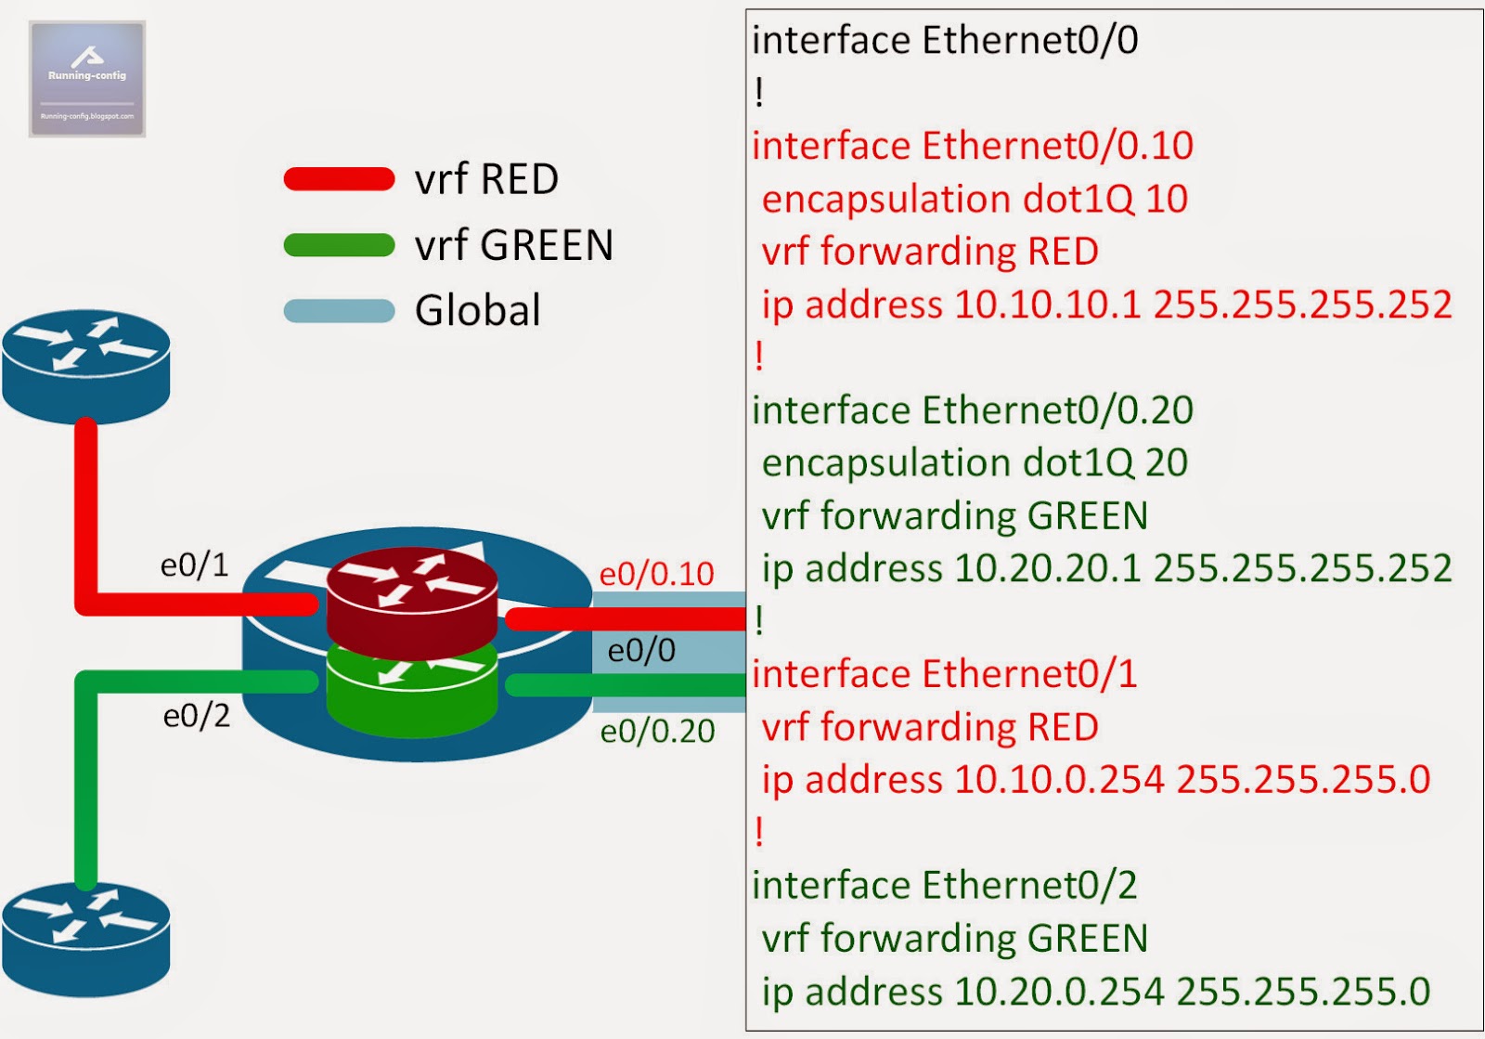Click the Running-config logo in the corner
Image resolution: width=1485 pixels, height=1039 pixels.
click(87, 79)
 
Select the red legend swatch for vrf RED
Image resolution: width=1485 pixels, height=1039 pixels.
click(340, 179)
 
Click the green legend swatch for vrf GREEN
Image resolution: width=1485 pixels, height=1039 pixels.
click(340, 245)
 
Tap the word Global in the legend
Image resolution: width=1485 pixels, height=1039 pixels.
click(477, 310)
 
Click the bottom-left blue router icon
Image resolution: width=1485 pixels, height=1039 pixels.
click(85, 940)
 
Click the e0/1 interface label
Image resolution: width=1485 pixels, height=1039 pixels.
click(194, 565)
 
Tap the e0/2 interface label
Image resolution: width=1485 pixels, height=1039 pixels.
click(196, 716)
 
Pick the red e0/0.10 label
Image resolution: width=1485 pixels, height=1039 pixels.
click(656, 574)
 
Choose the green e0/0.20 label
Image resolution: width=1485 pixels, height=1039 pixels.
click(657, 732)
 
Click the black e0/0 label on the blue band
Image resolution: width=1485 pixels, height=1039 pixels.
click(641, 651)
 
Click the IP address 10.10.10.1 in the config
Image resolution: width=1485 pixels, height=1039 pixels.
click(1047, 305)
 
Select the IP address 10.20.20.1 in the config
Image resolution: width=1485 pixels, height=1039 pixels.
click(1047, 568)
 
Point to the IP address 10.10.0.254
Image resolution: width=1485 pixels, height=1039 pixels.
click(1058, 780)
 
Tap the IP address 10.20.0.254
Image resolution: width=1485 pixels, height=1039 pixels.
click(1058, 992)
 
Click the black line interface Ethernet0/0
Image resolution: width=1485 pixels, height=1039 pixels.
click(945, 41)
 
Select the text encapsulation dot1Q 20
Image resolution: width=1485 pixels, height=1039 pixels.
click(975, 462)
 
